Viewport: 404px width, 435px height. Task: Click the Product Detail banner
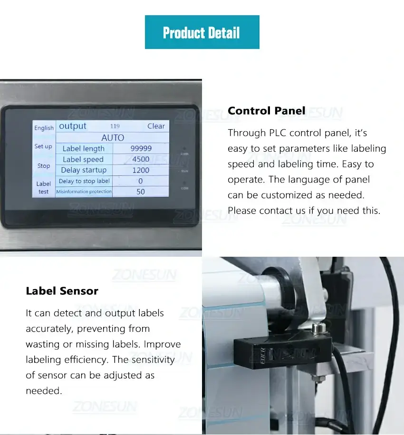[202, 32]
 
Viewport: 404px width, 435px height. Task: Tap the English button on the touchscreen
[44, 128]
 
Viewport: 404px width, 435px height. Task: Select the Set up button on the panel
[43, 146]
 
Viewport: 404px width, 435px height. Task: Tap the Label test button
[43, 187]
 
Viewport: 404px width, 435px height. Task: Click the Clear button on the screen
[156, 126]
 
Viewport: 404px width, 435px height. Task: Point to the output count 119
[115, 126]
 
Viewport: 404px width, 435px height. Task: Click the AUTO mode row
[113, 137]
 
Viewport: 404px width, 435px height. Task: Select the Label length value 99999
[141, 148]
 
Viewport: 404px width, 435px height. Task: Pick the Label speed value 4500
[141, 159]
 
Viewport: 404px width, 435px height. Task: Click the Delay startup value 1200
[141, 170]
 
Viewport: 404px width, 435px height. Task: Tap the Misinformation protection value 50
[141, 192]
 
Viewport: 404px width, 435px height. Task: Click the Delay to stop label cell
[84, 181]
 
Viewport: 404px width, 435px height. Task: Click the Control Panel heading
[266, 111]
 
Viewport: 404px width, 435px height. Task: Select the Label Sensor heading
[62, 291]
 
